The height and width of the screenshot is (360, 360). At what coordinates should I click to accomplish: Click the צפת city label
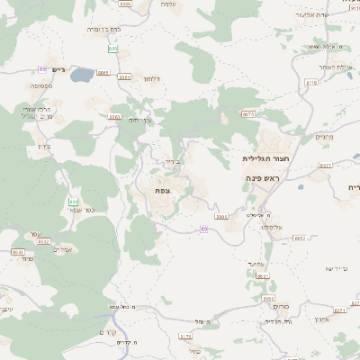[163, 190]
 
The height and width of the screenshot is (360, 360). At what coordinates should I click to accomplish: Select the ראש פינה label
[264, 179]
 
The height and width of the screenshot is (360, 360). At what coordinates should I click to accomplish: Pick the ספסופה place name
[40, 85]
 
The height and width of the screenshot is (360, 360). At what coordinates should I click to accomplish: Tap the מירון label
[41, 146]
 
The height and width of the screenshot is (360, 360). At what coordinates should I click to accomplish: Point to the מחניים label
[325, 137]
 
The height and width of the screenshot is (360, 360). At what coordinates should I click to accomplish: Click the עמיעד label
[256, 263]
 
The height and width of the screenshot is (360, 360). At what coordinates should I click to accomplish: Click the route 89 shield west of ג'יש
[42, 68]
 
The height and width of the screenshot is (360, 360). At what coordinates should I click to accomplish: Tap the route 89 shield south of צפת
[204, 229]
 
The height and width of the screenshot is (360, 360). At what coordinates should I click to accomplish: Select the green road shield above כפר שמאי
[73, 200]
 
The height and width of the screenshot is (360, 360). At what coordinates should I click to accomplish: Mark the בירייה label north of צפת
[174, 162]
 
